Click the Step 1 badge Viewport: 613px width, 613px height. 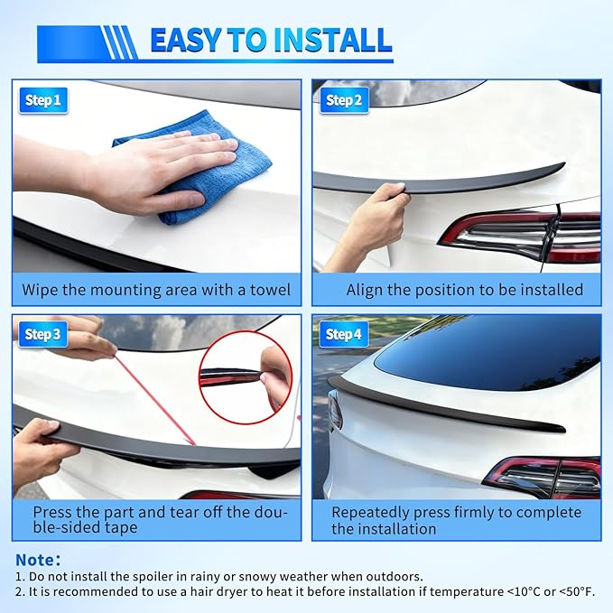click(42, 100)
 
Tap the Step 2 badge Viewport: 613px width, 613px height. click(344, 100)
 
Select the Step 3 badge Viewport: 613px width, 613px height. click(42, 335)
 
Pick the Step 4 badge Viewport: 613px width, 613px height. click(344, 335)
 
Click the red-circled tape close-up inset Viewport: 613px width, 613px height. click(246, 376)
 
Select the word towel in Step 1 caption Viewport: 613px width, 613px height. click(269, 291)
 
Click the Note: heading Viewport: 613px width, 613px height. click(38, 560)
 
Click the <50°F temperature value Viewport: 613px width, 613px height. click(573, 592)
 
